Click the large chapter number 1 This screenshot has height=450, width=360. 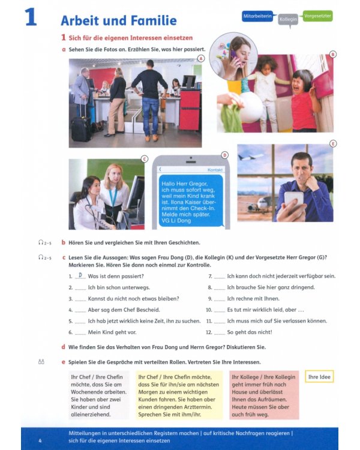(x=31, y=17)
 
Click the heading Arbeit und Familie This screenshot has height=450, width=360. (x=118, y=20)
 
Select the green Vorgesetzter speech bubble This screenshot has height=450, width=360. (x=317, y=15)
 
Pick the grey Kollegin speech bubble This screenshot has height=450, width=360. (x=289, y=20)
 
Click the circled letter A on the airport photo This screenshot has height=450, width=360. (x=200, y=58)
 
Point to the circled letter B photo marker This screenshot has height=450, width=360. (x=332, y=54)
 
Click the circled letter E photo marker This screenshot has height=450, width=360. (x=333, y=143)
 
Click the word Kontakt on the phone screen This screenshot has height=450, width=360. (x=215, y=170)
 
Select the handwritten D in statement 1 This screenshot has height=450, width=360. (x=80, y=275)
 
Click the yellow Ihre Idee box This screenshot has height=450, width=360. (x=319, y=377)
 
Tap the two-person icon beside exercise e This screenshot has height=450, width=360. (x=41, y=362)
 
